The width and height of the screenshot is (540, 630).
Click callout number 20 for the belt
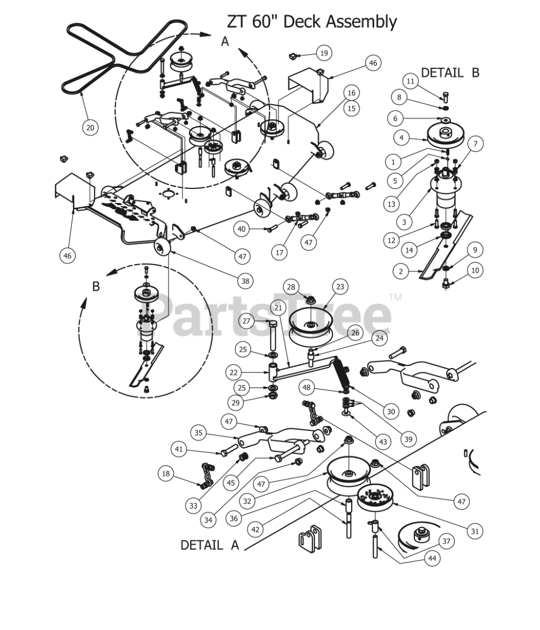(90, 127)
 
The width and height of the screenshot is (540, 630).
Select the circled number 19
(324, 53)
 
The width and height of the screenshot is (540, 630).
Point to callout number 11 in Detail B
(411, 82)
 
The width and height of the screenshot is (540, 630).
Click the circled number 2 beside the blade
(400, 272)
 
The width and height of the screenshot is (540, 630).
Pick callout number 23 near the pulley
(340, 287)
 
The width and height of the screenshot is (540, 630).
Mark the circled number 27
(246, 321)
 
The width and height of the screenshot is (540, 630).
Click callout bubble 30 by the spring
(391, 412)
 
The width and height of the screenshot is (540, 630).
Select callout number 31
(474, 531)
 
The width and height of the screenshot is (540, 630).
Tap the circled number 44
(432, 558)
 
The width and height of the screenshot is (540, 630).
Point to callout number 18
(166, 473)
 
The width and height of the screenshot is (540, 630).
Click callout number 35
(199, 433)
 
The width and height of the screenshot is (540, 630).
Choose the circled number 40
(242, 229)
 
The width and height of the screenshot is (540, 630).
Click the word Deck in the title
(298, 22)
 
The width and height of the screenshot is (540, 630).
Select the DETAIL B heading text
(450, 72)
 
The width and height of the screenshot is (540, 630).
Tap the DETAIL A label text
(209, 545)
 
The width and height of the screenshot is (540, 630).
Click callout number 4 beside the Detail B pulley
(401, 137)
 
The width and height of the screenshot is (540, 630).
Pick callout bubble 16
(351, 93)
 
